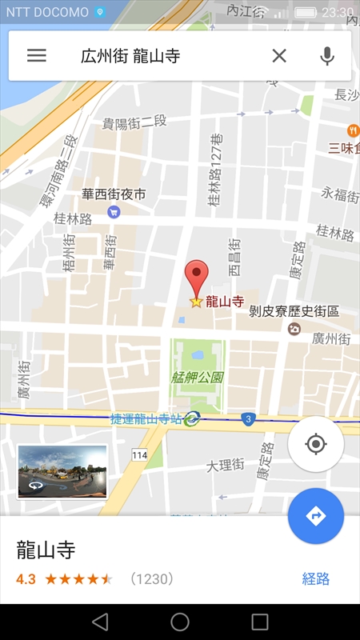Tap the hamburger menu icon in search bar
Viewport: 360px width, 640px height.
(x=37, y=55)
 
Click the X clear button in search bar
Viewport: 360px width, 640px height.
(x=278, y=55)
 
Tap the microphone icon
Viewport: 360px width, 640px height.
(x=326, y=55)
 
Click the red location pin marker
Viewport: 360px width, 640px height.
(x=196, y=278)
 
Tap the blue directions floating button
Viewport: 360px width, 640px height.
(x=315, y=516)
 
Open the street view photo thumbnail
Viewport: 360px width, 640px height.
(x=62, y=471)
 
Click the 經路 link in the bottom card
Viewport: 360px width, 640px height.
(x=315, y=578)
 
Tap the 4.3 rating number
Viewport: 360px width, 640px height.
(x=26, y=578)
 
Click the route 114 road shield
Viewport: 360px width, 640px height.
(x=140, y=454)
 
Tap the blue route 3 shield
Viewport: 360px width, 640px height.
(x=249, y=418)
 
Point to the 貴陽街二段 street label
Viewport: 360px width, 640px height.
(x=134, y=122)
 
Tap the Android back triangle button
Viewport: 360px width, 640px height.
(x=100, y=622)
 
